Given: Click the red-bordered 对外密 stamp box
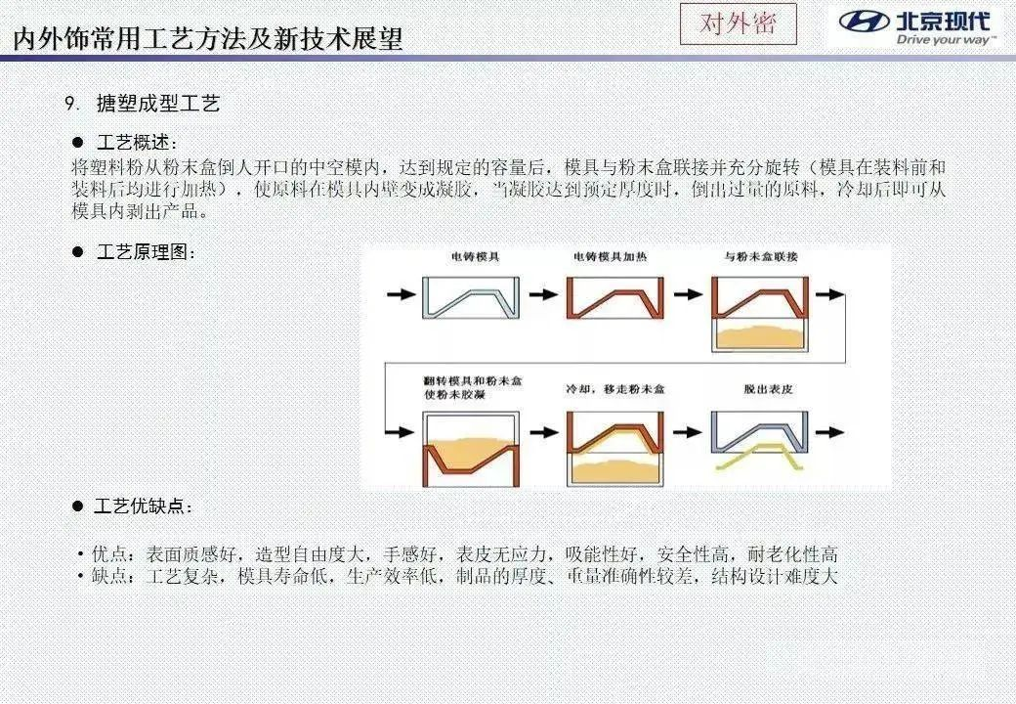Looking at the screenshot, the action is (738, 24).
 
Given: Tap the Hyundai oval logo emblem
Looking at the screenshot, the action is (864, 22).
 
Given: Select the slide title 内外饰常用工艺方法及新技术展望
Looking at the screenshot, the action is (208, 39).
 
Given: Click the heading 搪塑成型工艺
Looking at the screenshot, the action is (158, 103).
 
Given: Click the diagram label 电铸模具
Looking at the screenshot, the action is (475, 257).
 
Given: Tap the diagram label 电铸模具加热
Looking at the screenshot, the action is (610, 257).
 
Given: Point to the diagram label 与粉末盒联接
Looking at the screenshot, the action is (761, 257).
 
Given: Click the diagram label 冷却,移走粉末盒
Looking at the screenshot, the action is (614, 389).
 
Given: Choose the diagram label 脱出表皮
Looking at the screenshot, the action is (769, 389).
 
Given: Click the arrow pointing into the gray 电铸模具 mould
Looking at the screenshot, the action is (402, 294).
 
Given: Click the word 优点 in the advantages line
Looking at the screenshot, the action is (109, 554).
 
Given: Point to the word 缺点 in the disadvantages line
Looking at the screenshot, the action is (109, 576).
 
